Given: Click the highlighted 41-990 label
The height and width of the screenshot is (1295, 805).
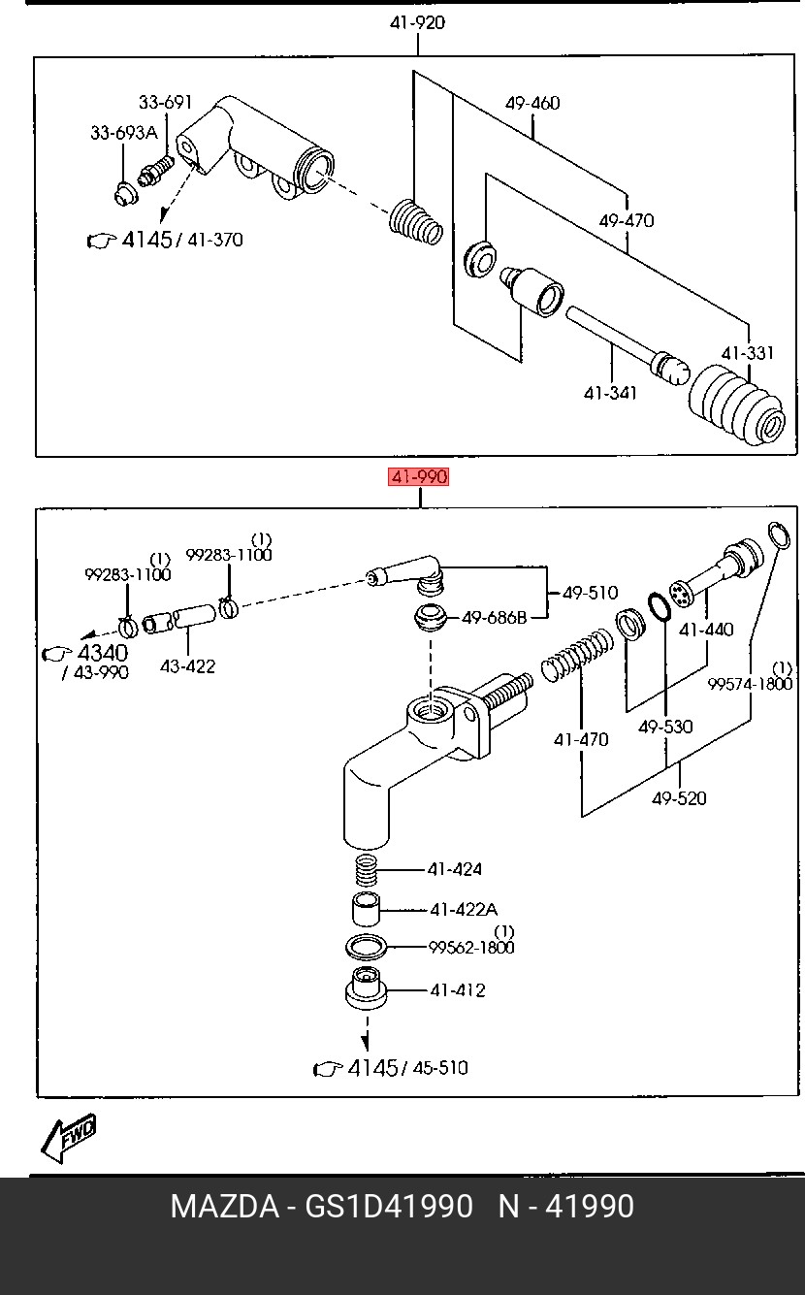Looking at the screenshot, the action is click(x=418, y=477).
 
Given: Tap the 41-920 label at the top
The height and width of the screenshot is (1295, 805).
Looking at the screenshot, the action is click(x=417, y=23).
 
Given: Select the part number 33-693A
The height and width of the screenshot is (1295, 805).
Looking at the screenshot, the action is click(x=124, y=133).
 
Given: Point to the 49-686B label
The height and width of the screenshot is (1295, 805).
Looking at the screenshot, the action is click(x=494, y=618).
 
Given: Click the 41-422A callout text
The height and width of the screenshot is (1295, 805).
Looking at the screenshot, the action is click(x=464, y=909).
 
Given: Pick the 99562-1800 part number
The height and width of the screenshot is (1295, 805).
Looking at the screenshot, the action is click(x=471, y=948).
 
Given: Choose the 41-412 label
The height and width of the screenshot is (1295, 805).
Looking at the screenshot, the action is click(x=458, y=990).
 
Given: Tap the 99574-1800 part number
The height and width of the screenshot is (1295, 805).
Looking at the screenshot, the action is click(x=750, y=685).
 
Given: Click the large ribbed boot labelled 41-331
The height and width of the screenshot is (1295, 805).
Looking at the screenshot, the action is click(x=737, y=405).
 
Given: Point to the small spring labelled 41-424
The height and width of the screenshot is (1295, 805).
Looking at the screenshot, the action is click(x=367, y=870).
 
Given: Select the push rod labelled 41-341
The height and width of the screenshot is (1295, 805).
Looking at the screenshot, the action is click(x=627, y=344).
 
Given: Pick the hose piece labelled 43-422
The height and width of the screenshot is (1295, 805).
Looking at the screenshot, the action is click(x=178, y=618).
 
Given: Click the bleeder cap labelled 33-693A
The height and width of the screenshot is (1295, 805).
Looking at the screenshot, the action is click(x=125, y=193).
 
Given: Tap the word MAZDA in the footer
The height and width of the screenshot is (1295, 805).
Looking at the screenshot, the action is click(x=225, y=1207).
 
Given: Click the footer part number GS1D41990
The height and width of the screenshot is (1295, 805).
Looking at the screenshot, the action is click(x=389, y=1207).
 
